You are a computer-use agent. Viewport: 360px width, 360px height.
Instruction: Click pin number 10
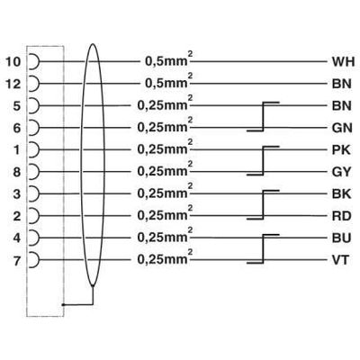(x=12, y=62)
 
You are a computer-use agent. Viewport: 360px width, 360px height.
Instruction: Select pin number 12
(x=12, y=84)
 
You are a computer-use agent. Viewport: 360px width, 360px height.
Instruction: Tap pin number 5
(x=15, y=106)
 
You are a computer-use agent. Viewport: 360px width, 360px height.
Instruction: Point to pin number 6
(x=15, y=128)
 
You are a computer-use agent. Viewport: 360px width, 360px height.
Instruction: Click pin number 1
(x=15, y=149)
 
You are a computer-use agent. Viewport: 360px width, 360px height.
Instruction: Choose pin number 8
(x=15, y=171)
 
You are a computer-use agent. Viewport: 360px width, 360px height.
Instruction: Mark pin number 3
(x=15, y=193)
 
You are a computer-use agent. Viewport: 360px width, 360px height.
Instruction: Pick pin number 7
(x=15, y=260)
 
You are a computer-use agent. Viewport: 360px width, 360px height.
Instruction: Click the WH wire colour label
(x=343, y=62)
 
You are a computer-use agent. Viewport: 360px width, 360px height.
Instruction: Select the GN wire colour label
(x=342, y=128)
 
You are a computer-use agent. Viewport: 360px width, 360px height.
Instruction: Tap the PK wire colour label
(x=342, y=149)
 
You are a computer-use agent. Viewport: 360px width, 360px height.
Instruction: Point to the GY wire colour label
(x=342, y=171)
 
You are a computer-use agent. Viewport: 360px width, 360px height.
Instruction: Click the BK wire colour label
(x=342, y=193)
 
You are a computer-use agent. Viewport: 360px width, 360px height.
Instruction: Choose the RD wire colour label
(x=342, y=216)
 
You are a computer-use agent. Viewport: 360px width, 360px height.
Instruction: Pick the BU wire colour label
(x=342, y=238)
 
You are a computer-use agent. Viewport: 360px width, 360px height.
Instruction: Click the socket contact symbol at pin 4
(x=34, y=238)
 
